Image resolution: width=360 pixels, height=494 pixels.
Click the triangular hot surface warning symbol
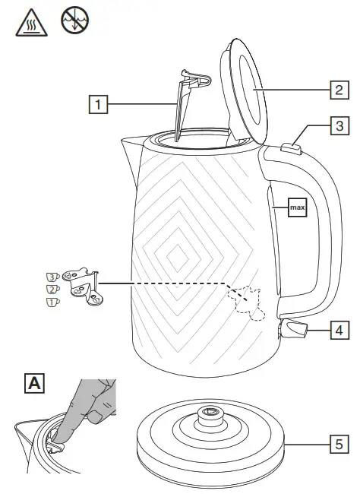[x=27, y=24]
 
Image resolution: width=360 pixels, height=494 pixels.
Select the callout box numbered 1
[x=96, y=100]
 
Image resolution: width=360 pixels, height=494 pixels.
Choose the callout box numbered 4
[x=338, y=330]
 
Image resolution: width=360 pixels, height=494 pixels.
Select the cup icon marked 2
[x=52, y=289]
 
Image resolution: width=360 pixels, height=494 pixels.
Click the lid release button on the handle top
[x=291, y=149]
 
